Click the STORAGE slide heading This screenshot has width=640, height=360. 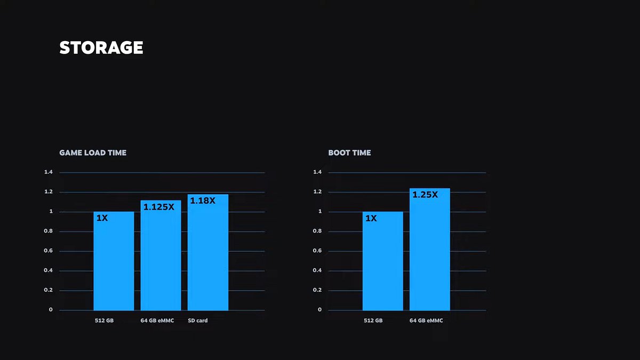coord(101,48)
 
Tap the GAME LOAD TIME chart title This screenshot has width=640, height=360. coord(93,153)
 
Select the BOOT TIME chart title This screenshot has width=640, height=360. coord(349,153)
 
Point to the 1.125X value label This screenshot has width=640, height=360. coord(159,207)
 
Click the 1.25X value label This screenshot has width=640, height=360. coord(425,195)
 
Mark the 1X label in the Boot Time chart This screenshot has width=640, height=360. coord(371,218)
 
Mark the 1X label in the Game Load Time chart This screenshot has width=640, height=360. coord(102,218)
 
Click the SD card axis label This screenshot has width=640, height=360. coord(198,321)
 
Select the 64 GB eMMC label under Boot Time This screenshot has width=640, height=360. coord(426,321)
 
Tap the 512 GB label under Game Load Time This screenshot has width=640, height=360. coord(104,321)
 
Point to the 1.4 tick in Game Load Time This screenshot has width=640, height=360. coord(49,172)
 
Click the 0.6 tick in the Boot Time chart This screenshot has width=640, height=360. coord(317,251)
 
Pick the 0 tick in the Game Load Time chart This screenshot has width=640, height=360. coord(51,310)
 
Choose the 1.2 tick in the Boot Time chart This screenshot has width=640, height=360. coord(317,192)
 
